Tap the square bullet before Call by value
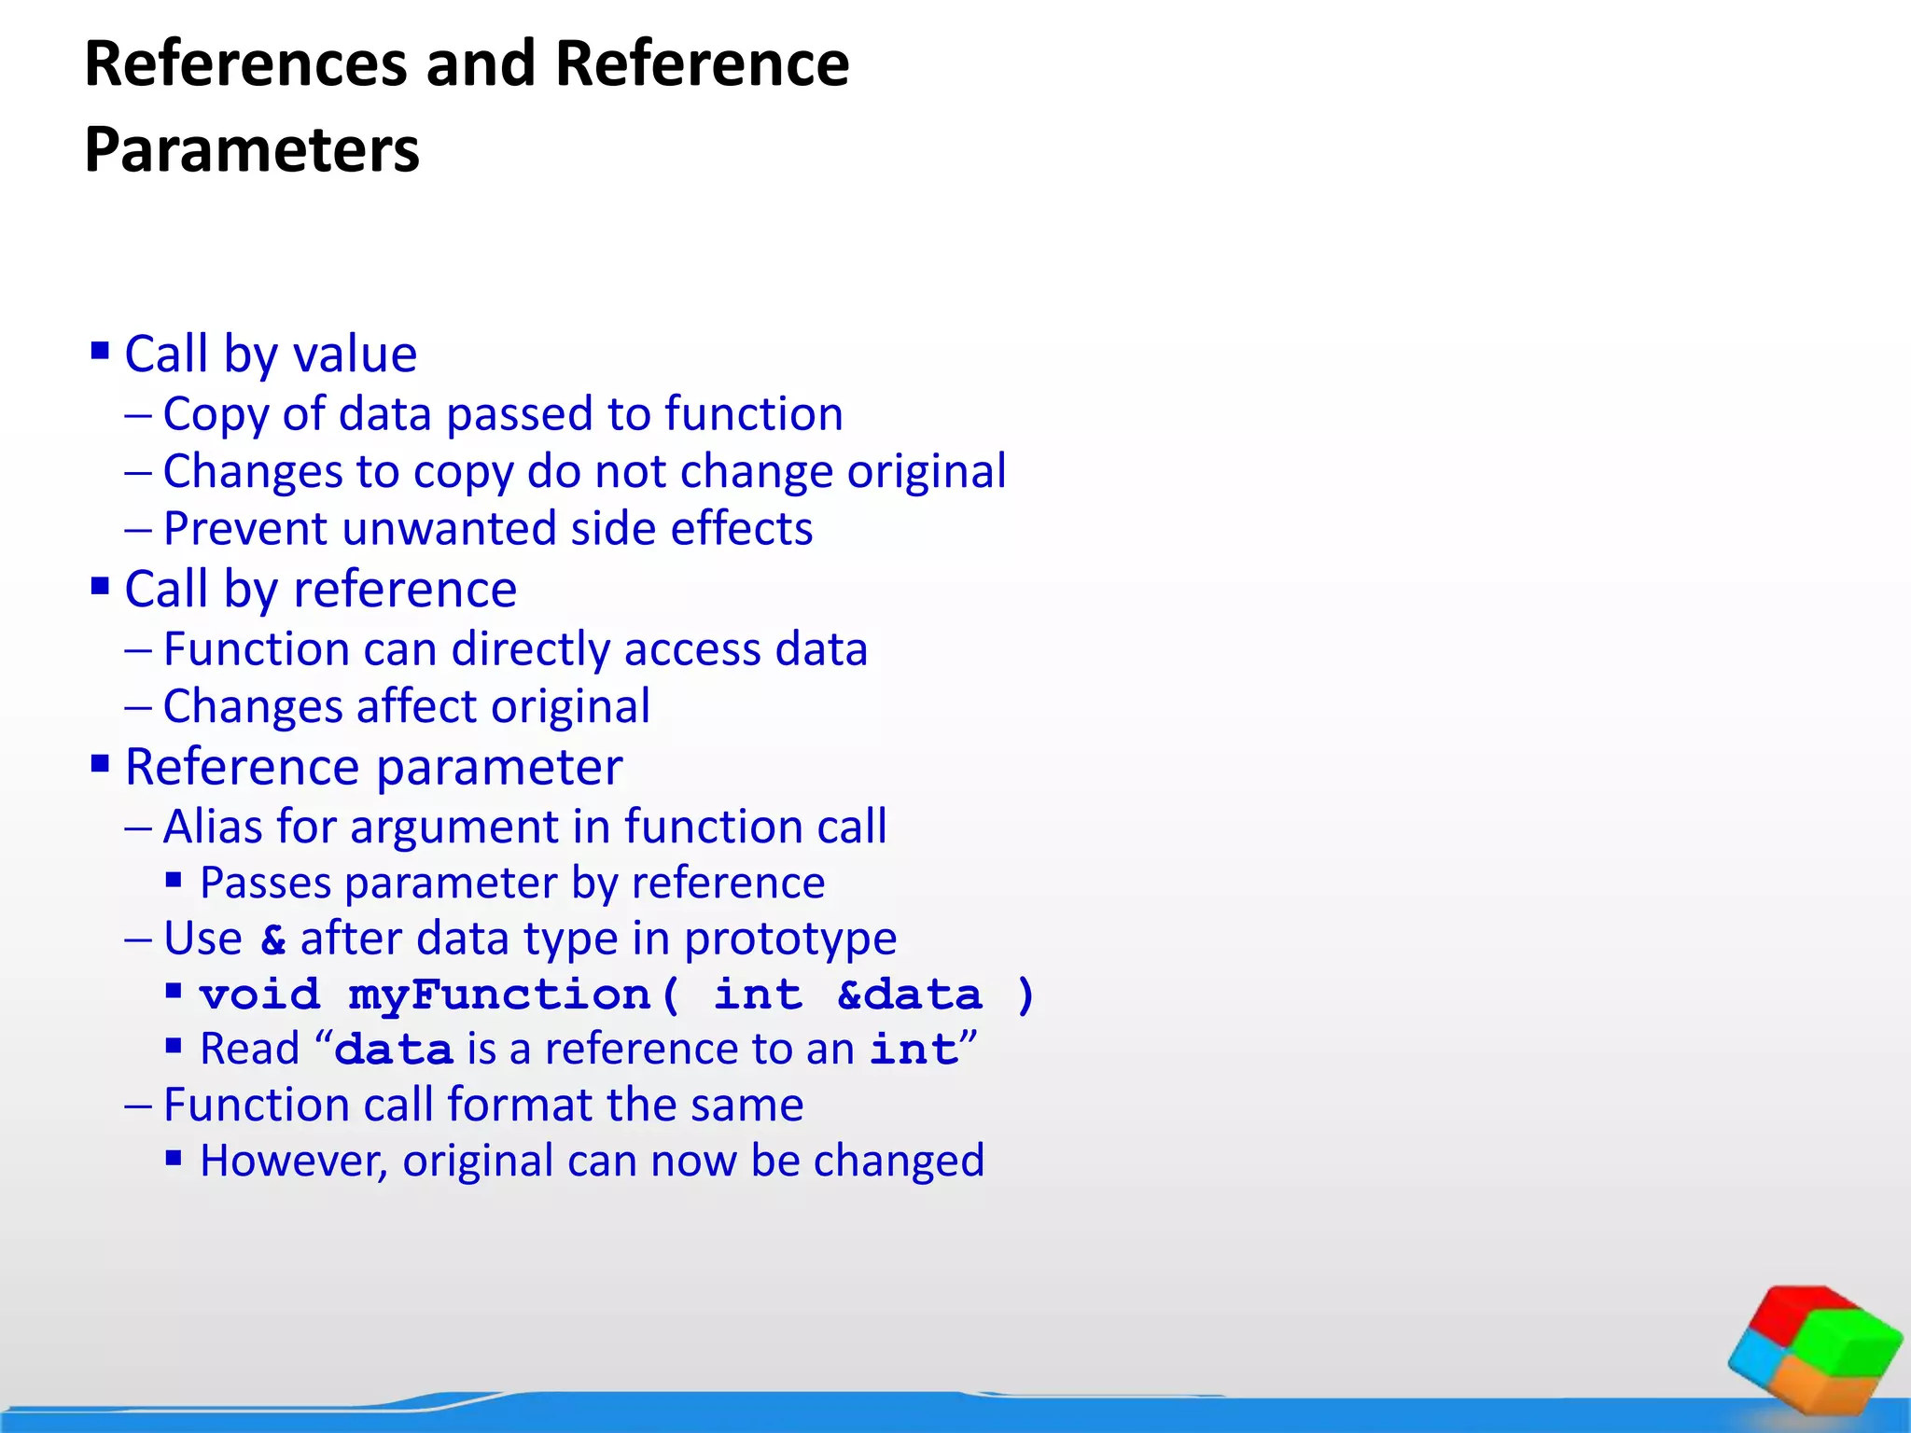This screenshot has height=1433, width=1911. coord(100,351)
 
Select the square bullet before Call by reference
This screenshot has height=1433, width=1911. coord(100,586)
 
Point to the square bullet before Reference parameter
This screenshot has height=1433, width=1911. coord(100,764)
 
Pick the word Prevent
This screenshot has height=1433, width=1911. coord(245,529)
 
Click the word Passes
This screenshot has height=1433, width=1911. coord(265,883)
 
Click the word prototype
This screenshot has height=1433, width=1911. coord(790,939)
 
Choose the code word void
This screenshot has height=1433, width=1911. coord(260,995)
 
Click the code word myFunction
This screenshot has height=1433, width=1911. coord(499,995)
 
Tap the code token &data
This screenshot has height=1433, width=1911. coord(910,995)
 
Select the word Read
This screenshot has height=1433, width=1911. coord(249,1050)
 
